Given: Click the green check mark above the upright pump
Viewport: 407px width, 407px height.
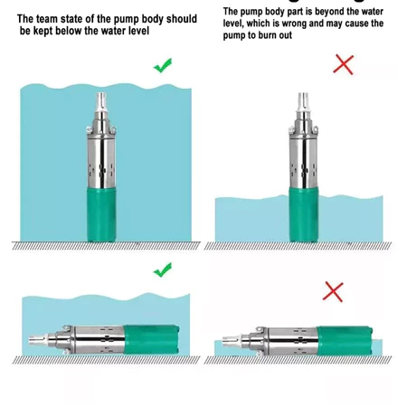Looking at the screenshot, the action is pyautogui.click(x=163, y=65).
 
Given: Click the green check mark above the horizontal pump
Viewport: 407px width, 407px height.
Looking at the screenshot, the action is pyautogui.click(x=163, y=270).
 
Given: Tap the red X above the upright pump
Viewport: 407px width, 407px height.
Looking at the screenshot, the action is pyautogui.click(x=343, y=64).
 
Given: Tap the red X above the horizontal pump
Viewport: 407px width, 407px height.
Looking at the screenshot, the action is pyautogui.click(x=333, y=292).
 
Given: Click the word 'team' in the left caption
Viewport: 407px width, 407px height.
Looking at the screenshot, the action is pyautogui.click(x=47, y=19).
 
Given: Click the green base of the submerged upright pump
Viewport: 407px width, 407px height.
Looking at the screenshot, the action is pyautogui.click(x=101, y=214).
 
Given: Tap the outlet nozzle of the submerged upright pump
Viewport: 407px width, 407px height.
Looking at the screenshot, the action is pyautogui.click(x=101, y=102).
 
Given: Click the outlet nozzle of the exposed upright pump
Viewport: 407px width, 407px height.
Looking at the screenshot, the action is pyautogui.click(x=303, y=102).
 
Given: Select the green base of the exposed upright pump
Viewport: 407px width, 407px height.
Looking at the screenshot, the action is pyautogui.click(x=304, y=214).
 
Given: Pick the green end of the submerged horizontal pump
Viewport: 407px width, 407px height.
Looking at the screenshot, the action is pyautogui.click(x=151, y=339).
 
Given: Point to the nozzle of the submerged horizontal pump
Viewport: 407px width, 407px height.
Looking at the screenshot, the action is pyautogui.click(x=39, y=340).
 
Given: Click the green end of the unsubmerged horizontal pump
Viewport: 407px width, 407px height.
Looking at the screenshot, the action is pyautogui.click(x=345, y=341).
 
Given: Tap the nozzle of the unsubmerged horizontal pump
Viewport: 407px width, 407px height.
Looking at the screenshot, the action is pyautogui.click(x=232, y=341).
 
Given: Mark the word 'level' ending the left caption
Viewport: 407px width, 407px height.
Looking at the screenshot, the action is pyautogui.click(x=137, y=31).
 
